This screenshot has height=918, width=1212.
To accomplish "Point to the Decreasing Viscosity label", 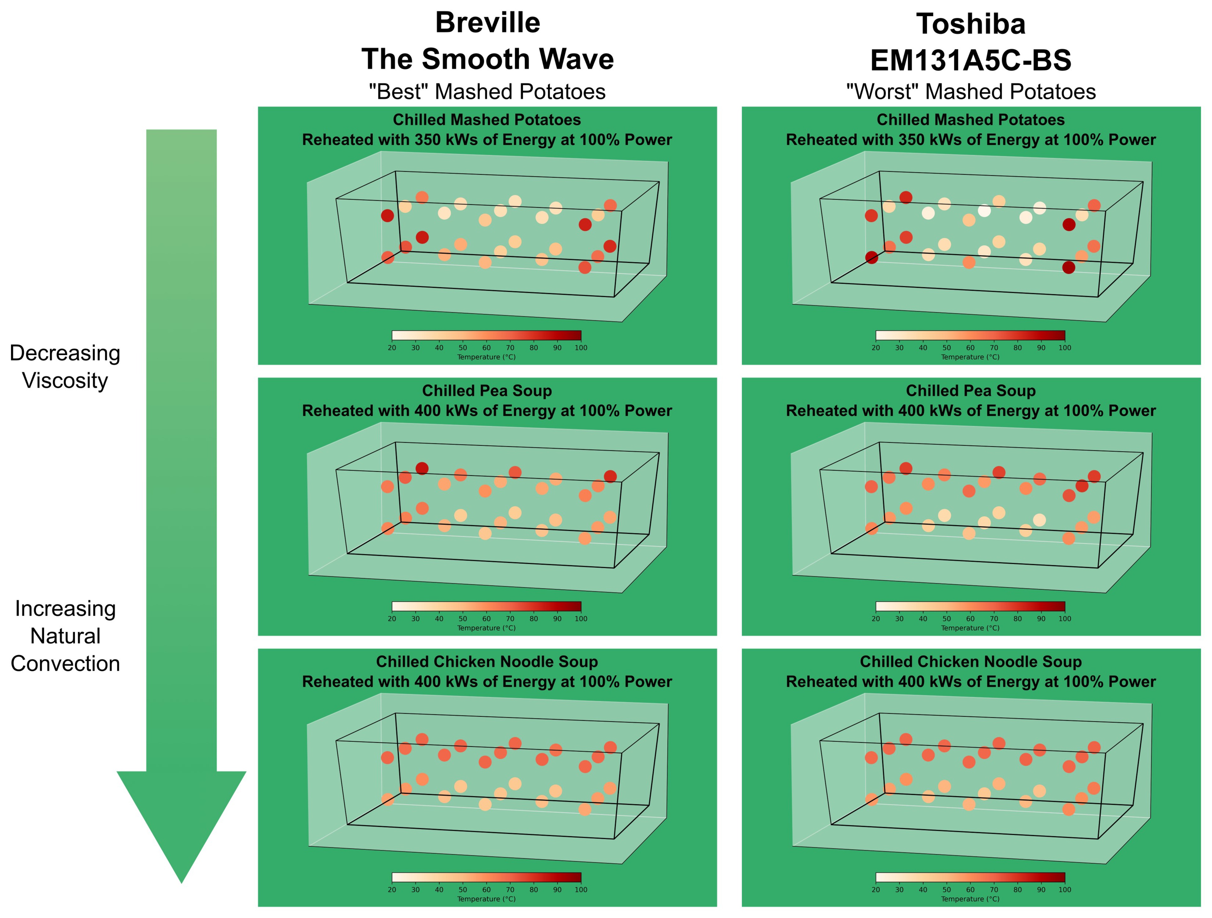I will point(65,366).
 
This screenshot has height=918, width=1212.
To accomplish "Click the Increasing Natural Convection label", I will point(65,635).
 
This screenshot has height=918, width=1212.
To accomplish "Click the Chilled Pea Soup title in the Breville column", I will point(487,391).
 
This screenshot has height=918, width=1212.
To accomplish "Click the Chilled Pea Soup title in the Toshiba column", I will point(970,391).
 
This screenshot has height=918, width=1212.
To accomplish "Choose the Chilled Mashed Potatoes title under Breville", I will point(487,119).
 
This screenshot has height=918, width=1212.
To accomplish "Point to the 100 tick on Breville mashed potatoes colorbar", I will point(581,348).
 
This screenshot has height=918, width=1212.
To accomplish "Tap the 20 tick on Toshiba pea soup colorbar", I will point(876,619).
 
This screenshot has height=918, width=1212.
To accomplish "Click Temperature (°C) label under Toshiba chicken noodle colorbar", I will point(970,899).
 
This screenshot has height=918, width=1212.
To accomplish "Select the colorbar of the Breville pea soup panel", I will point(487,606).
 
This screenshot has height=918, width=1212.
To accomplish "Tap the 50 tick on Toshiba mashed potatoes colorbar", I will point(946,348).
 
